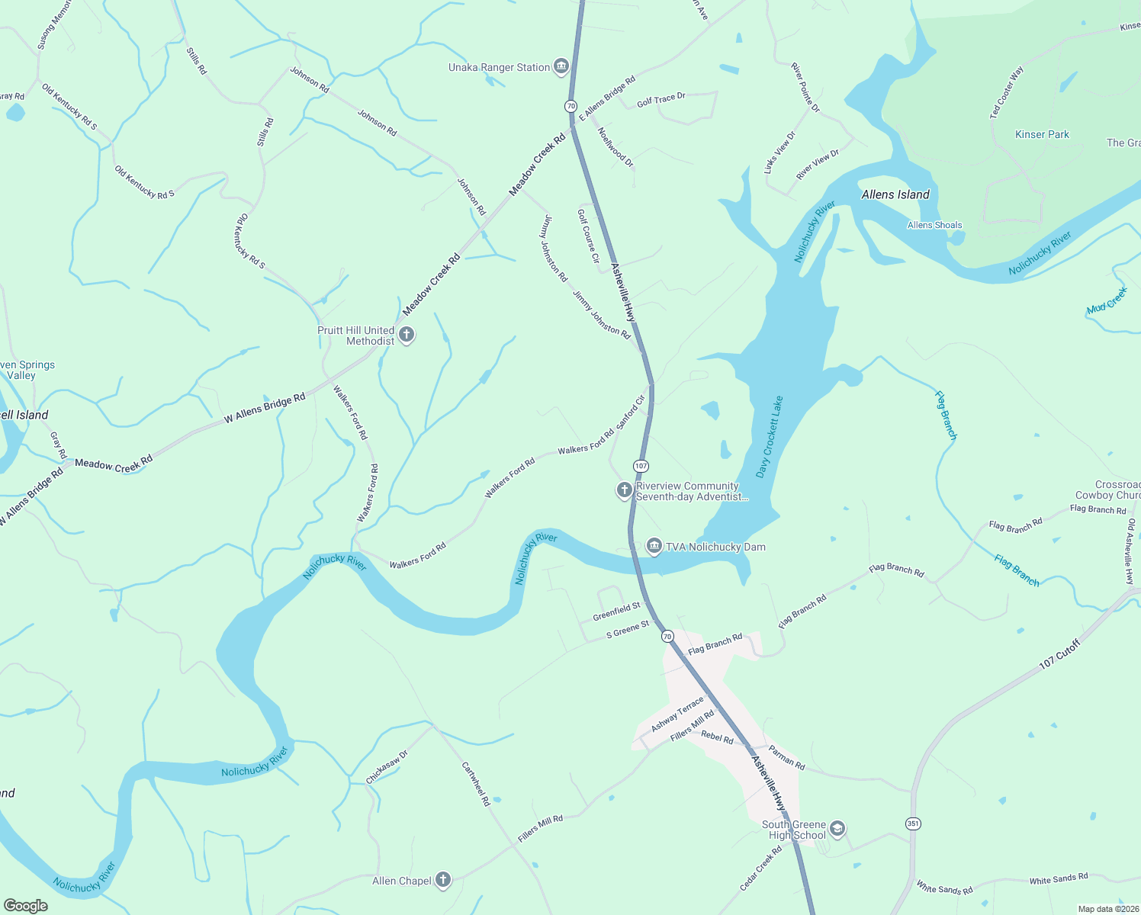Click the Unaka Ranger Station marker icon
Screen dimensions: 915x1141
coord(561,67)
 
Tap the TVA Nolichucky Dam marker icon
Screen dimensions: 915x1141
coord(654,546)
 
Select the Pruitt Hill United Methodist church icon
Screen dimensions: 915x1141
coord(407,335)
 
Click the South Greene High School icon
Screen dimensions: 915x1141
coord(837,829)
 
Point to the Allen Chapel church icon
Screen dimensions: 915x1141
coord(442,881)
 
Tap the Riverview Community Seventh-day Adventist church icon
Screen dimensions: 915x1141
coord(624,490)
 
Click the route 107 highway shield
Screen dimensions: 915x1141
coord(641,465)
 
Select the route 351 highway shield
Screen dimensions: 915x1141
coord(913,823)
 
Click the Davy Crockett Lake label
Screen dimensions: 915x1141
coord(770,437)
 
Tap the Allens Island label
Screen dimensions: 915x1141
coord(895,194)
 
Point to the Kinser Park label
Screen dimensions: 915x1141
coord(1042,134)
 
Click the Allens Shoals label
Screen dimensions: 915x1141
coord(934,225)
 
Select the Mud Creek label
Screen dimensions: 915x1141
coord(1107,300)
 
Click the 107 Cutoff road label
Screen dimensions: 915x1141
coord(1060,654)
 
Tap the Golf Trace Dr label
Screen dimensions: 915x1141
coord(661,99)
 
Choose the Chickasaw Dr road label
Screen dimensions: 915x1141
coord(387,767)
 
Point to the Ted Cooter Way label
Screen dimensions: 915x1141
coord(1007,92)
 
